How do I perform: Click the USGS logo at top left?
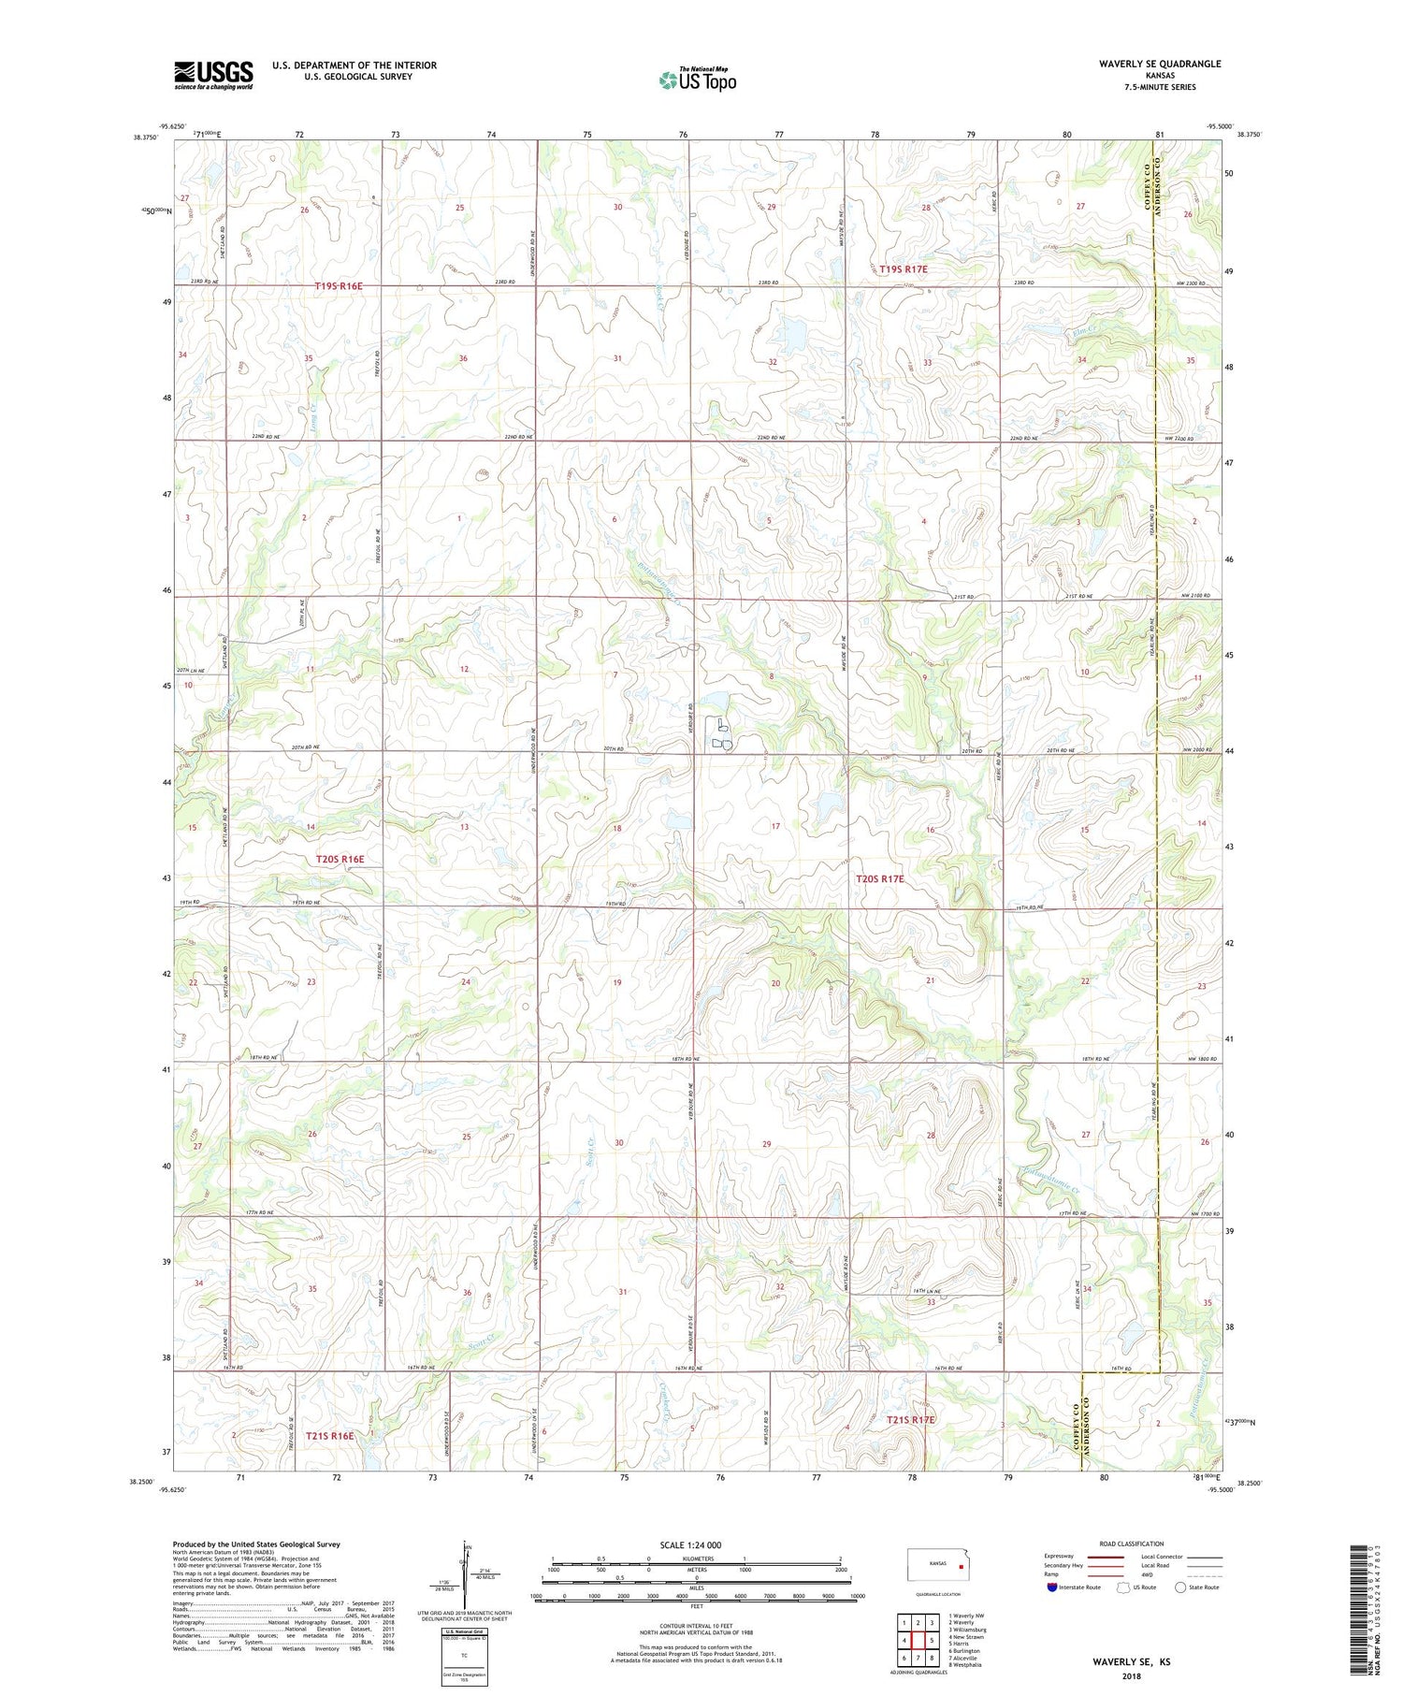(x=213, y=75)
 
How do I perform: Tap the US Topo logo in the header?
(x=697, y=80)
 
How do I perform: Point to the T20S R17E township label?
(x=880, y=878)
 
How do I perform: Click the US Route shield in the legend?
(x=1123, y=1587)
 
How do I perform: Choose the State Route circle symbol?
(x=1180, y=1587)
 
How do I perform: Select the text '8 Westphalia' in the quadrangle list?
(x=969, y=1665)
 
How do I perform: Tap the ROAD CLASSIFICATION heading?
(x=1132, y=1544)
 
